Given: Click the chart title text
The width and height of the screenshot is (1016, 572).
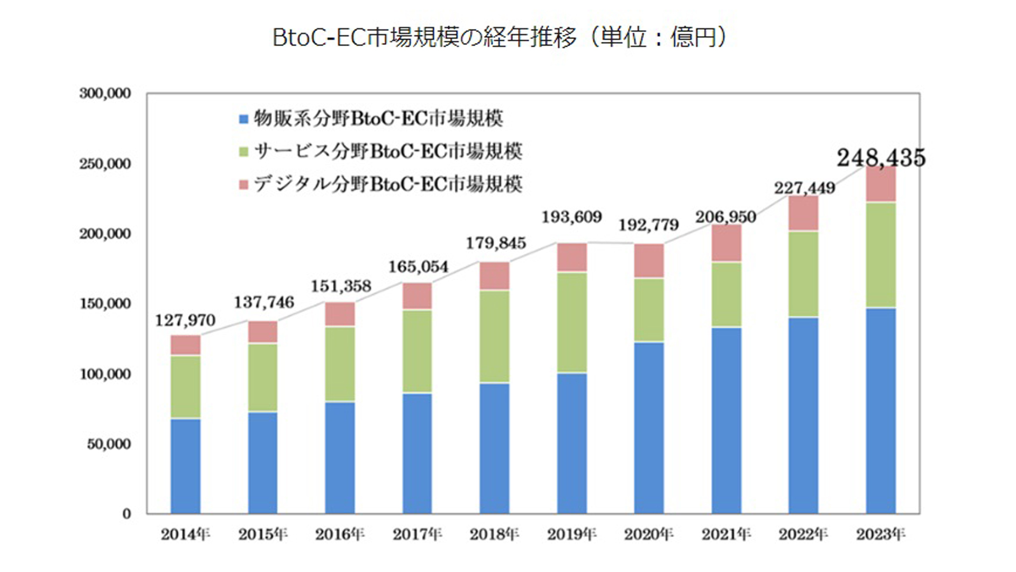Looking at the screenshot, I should [500, 37].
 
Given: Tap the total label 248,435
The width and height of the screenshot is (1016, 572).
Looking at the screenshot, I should [881, 157].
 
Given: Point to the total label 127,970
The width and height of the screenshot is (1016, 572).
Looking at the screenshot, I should [185, 320].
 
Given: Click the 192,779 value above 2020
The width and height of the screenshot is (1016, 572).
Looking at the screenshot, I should [649, 225].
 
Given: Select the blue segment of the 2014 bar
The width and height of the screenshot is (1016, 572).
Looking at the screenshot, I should [185, 466].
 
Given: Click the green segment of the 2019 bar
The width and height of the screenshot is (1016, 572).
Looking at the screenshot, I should [572, 322].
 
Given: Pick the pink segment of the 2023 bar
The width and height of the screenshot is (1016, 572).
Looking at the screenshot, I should [881, 184].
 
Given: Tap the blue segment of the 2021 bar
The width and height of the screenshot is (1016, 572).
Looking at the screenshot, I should [726, 420].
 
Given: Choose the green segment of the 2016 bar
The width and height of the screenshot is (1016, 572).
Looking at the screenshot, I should [340, 364].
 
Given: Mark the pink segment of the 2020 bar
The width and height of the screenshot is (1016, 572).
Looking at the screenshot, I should [649, 261].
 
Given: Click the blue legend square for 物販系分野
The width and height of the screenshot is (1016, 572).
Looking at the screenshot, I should [243, 119].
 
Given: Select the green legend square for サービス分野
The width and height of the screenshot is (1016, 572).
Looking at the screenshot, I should [243, 152].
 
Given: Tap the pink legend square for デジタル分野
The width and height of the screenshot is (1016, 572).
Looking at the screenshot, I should [243, 185].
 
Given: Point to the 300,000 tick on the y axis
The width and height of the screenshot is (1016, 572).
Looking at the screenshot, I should [105, 94].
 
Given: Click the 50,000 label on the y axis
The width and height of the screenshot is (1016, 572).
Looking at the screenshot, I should [108, 444].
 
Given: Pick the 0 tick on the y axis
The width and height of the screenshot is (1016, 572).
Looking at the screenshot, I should [126, 514].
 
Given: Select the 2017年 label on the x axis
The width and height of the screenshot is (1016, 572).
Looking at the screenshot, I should [417, 534].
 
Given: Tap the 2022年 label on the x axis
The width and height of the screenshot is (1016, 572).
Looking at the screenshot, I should [803, 534].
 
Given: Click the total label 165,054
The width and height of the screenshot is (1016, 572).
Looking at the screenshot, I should [418, 266].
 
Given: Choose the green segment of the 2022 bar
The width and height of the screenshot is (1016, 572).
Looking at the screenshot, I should [803, 274].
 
